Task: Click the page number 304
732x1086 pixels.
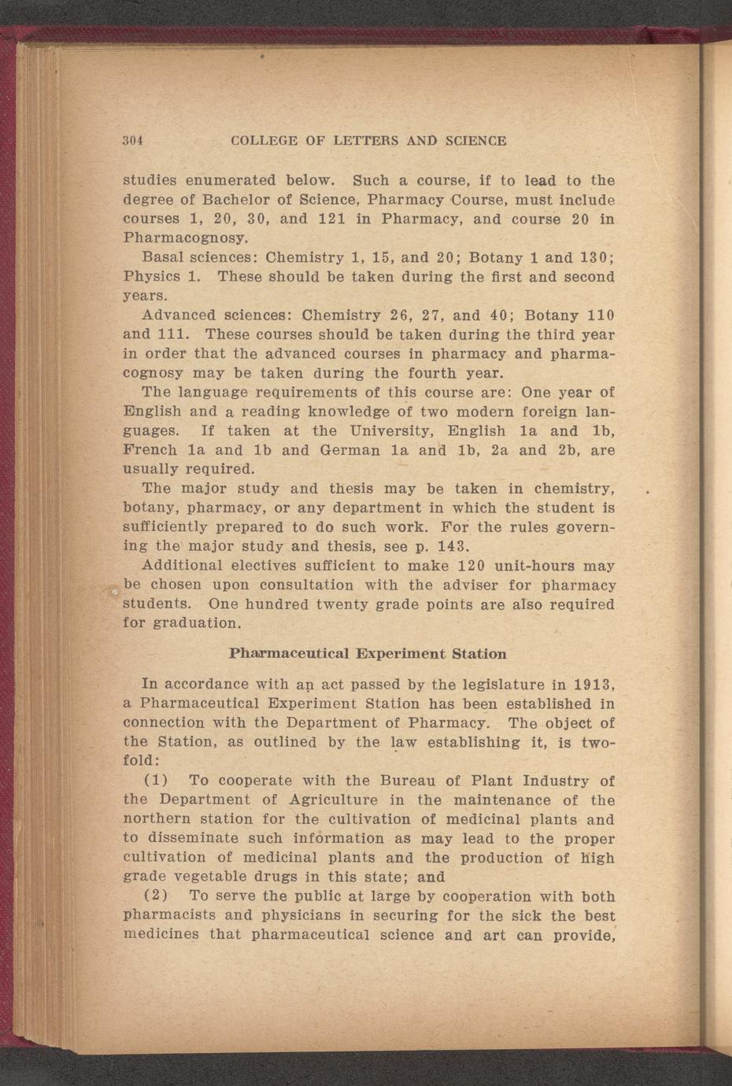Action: point(131,141)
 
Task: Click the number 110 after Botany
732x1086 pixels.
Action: point(601,316)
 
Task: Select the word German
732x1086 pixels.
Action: point(350,451)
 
